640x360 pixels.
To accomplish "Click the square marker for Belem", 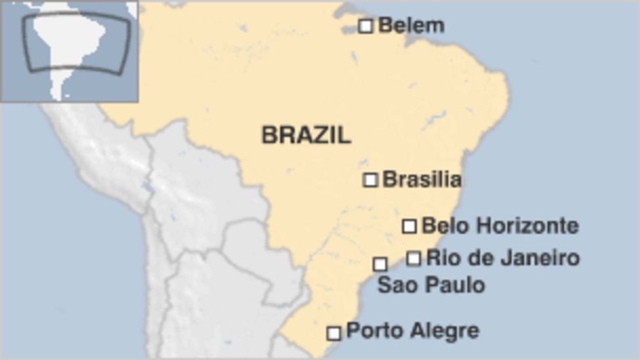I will (x=366, y=26).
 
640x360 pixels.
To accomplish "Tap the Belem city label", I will (x=411, y=26).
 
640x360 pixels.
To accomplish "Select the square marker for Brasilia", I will (x=370, y=180).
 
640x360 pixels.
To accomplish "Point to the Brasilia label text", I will (x=422, y=179).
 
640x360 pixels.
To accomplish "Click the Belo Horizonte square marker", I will (x=409, y=226).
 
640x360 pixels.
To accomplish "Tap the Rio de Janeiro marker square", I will (x=413, y=258).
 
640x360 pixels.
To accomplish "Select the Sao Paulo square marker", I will (x=380, y=264).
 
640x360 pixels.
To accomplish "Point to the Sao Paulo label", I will (x=431, y=285).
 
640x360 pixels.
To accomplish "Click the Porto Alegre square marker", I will (x=334, y=333).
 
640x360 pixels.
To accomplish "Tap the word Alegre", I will (x=445, y=331).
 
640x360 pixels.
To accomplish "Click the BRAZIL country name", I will (x=306, y=135).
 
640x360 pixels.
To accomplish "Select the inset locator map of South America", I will (x=69, y=51).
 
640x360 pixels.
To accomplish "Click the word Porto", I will (x=370, y=331).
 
